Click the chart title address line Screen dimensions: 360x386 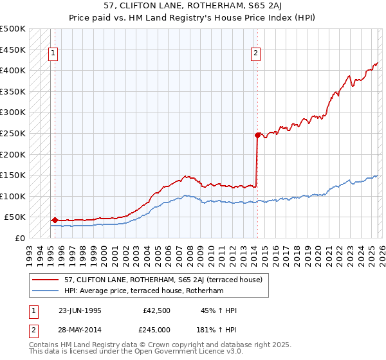193,6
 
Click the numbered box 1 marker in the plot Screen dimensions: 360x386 52,53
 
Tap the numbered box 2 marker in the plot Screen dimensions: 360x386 256,53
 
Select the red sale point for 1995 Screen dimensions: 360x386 55,220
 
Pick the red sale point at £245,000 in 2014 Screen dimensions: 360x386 257,135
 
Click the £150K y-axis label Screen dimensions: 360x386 13,175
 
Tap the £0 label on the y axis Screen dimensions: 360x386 19,238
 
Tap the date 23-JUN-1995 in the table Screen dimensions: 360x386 80,310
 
